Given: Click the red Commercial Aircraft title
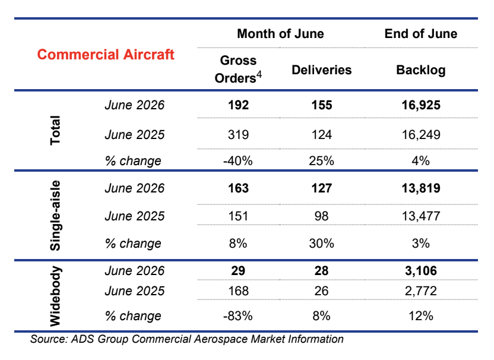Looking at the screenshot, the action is (x=106, y=55).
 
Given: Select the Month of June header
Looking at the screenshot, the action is (x=280, y=34).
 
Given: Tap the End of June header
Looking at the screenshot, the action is (x=421, y=34).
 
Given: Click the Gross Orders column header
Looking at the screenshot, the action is (x=238, y=70).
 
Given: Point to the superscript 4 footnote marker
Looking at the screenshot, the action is (x=259, y=74).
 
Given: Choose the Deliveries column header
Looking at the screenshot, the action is (x=321, y=70).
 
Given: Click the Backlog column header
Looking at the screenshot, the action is (x=421, y=70).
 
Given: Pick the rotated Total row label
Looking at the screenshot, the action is (x=55, y=130).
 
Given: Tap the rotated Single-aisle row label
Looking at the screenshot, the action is (x=55, y=216).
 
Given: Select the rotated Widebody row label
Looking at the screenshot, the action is (x=55, y=296).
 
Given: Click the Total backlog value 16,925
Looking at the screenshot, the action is (x=421, y=105).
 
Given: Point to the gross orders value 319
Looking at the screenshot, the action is (x=238, y=135).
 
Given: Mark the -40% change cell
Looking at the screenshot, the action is (x=238, y=161).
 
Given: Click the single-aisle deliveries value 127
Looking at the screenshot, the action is (x=322, y=188).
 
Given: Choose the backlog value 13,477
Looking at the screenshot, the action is (x=421, y=216).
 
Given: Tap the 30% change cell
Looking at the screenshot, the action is (x=321, y=244).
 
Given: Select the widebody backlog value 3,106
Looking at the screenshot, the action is (x=421, y=271).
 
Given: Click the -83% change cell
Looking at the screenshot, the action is (x=238, y=316).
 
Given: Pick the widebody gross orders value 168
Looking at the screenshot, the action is (x=238, y=291).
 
